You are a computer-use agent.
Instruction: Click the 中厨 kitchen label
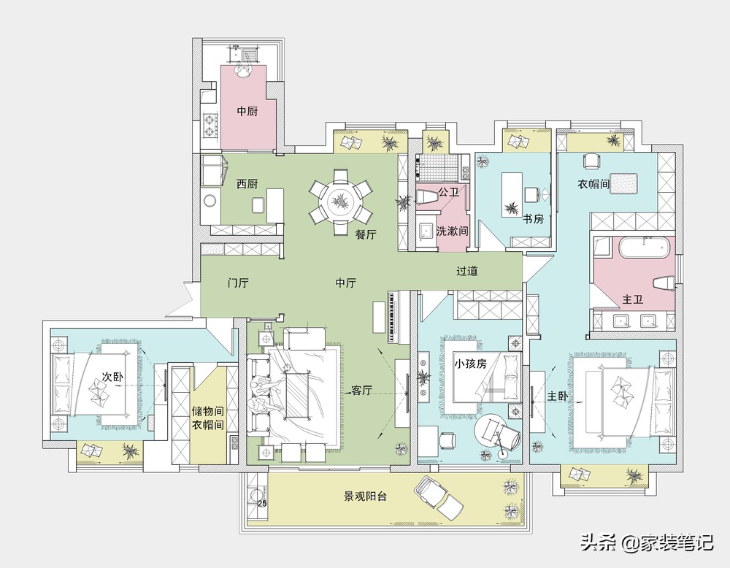point(247,111)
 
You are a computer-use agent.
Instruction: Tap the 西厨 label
point(247,184)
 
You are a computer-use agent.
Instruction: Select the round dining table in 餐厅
point(341,202)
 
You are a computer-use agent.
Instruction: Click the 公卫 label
point(449,192)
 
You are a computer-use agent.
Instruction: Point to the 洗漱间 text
point(452,231)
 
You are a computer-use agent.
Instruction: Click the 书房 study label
point(533,218)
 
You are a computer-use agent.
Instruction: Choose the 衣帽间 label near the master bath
point(593,184)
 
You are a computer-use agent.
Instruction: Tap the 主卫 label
point(633,299)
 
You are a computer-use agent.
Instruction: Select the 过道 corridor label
point(467,271)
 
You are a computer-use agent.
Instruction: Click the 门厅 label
point(238,283)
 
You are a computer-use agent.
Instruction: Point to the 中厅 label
point(346,283)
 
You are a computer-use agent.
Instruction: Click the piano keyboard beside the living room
point(393,318)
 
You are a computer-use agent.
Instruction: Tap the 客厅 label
point(362,390)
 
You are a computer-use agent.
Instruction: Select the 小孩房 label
point(471,363)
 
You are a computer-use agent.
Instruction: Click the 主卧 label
point(557,396)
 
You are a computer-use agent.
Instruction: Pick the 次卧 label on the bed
point(112,377)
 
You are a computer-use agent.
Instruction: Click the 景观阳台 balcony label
point(366,496)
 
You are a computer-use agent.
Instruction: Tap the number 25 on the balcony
point(262,503)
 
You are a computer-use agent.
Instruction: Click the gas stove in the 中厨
point(211,126)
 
